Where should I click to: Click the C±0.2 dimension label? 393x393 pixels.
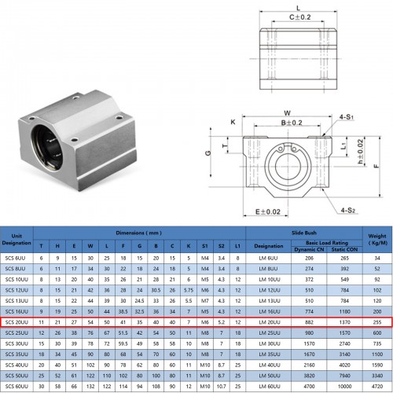[x=296, y=16]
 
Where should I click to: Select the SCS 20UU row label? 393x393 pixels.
[x=17, y=322]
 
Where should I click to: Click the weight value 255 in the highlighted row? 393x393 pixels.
[x=377, y=322]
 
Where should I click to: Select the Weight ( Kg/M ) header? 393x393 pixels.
[x=377, y=238]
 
